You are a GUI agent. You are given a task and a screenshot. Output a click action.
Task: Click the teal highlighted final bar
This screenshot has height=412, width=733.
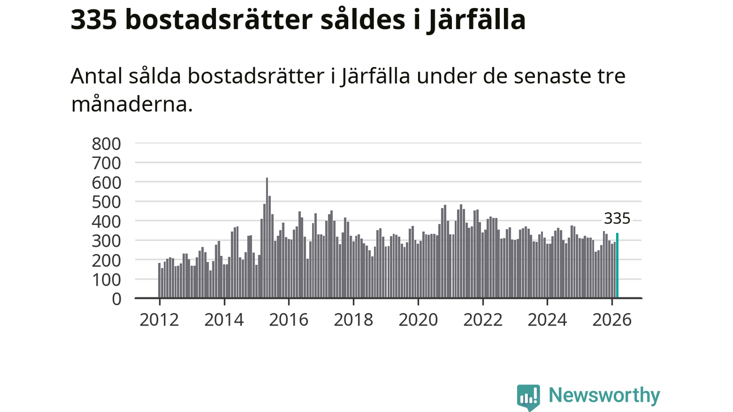click(617, 266)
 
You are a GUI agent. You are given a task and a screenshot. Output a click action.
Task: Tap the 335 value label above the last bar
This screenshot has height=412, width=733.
click(617, 219)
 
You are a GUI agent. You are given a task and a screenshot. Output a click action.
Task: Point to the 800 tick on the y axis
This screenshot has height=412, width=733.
click(107, 143)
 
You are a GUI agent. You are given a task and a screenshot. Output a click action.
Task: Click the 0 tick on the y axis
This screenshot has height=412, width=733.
click(116, 299)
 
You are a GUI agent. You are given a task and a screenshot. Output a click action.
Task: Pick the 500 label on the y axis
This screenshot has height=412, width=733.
click(107, 201)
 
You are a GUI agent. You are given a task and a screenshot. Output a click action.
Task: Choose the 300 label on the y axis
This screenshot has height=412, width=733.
click(107, 240)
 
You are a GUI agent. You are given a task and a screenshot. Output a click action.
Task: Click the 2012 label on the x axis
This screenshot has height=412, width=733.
click(159, 319)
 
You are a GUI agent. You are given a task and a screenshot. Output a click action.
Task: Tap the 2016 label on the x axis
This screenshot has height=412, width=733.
click(289, 319)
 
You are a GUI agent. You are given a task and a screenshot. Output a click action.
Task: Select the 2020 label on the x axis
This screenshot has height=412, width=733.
click(418, 319)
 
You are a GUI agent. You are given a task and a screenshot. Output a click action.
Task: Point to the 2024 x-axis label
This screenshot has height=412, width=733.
click(547, 319)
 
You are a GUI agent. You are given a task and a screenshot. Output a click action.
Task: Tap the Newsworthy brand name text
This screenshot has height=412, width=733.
click(604, 395)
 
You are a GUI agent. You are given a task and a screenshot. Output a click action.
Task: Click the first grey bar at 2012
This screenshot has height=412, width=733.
click(159, 280)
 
